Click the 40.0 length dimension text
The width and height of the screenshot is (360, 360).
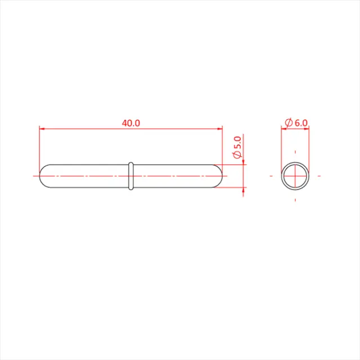(x=130, y=123)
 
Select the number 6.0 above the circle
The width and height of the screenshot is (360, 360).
(x=301, y=123)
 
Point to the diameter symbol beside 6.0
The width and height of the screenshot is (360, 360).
(x=288, y=123)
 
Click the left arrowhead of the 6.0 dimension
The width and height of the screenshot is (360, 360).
(x=283, y=129)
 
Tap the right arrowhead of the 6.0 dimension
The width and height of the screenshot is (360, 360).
(x=307, y=129)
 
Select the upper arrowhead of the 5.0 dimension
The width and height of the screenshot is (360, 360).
(x=243, y=162)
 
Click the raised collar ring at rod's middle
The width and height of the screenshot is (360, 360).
(x=130, y=175)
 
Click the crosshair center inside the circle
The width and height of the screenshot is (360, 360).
(x=295, y=175)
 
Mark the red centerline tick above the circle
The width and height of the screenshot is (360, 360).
(x=295, y=152)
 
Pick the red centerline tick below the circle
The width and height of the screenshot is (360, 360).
(x=295, y=199)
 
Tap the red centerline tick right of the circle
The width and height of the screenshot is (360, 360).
(x=319, y=175)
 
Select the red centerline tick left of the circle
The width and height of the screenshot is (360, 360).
(x=272, y=175)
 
